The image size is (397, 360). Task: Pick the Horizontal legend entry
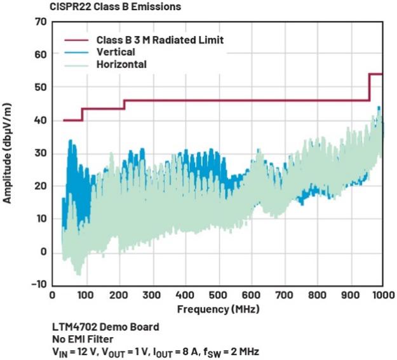tap(121, 65)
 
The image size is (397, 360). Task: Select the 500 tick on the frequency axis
tap(217, 296)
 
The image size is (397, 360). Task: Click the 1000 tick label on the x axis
tap(381, 296)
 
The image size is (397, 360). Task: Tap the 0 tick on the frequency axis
tap(52, 296)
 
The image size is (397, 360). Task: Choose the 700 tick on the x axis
tap(283, 296)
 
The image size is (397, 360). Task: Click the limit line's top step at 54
tap(375, 74)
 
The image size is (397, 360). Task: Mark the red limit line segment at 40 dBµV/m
tap(72, 120)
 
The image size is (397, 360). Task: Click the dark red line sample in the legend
tap(77, 40)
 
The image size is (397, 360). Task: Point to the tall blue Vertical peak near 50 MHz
tap(70, 142)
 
